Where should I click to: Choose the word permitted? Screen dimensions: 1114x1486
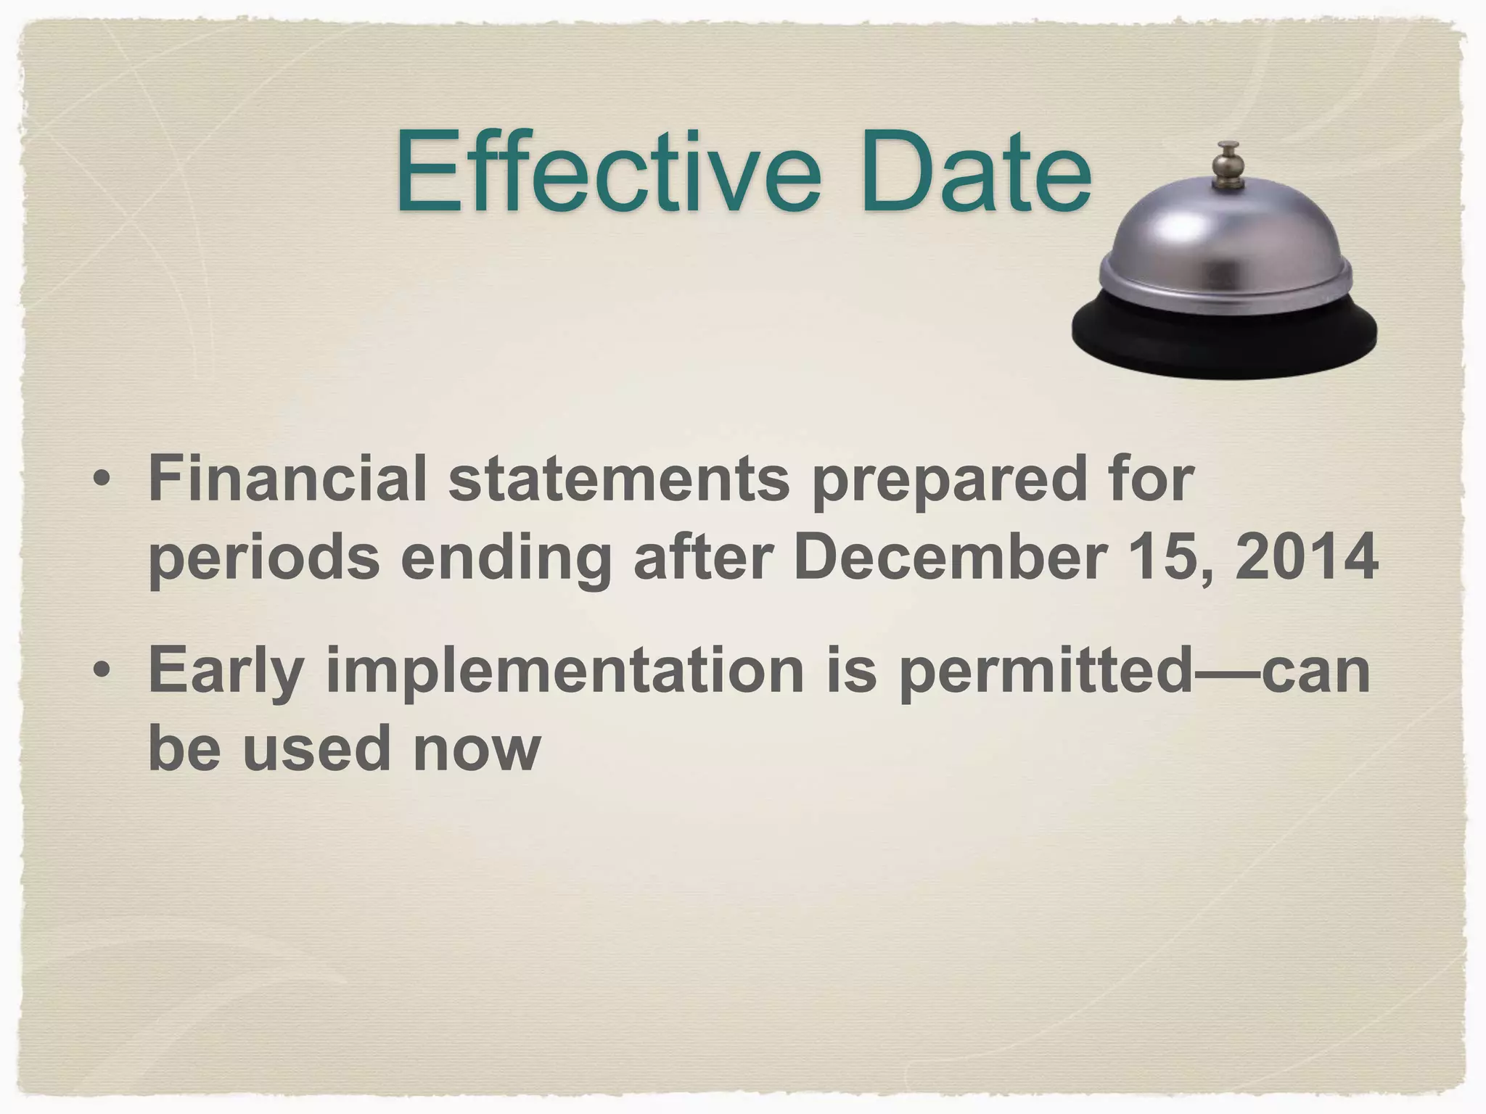pyautogui.click(x=1045, y=670)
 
